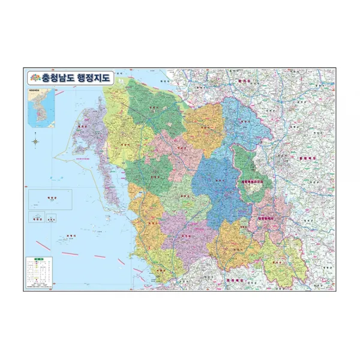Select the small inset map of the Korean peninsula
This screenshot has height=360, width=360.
tap(35, 108)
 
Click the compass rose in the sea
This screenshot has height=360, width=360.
tap(35, 142)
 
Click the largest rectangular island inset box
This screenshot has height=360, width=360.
tap(50, 199)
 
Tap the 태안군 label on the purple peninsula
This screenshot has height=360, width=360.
tap(84, 127)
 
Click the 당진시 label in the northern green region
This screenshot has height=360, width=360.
tap(155, 109)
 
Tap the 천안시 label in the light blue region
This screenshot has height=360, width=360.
tap(244, 122)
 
